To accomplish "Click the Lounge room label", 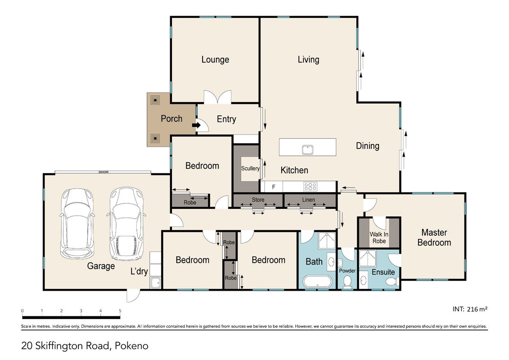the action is [x=215, y=59].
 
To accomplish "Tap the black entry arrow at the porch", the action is [x=196, y=125].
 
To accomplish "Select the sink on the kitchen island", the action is [x=307, y=150].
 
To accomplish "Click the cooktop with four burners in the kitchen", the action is [x=311, y=187].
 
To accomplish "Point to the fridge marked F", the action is [x=273, y=187].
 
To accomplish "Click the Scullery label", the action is [x=250, y=168].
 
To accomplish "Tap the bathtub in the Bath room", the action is [x=318, y=281].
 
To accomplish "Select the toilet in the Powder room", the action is [x=347, y=281].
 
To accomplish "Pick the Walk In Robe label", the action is [x=379, y=238].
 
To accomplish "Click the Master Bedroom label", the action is [x=434, y=238].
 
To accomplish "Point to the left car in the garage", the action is [x=77, y=224].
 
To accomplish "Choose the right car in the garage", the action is [x=126, y=224].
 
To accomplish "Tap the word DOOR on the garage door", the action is [x=103, y=172].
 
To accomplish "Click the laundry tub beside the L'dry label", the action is [x=156, y=282].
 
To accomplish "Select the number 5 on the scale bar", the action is [x=120, y=311].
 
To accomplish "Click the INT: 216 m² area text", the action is [x=470, y=309].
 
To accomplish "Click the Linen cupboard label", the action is [x=308, y=200].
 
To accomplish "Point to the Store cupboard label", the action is [x=258, y=200].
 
